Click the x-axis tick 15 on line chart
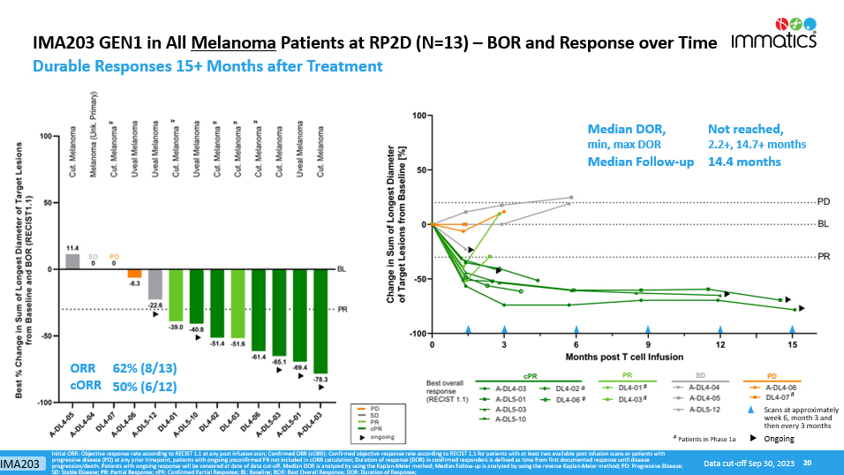point(793,343)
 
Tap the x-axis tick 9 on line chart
point(647,343)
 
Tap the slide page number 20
point(806,463)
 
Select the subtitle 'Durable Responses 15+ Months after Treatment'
point(207,66)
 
